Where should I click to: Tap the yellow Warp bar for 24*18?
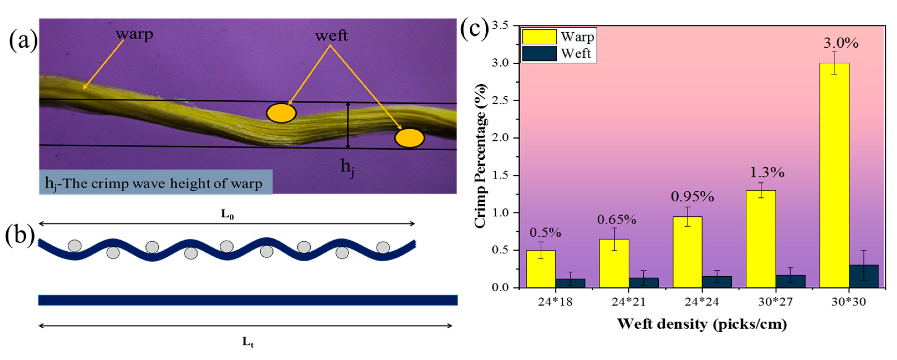point(540,269)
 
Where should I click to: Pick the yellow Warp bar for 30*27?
point(761,239)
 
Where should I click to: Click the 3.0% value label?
point(840,43)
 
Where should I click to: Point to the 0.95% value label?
point(692,197)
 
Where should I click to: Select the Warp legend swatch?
point(539,37)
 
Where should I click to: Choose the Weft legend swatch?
point(539,53)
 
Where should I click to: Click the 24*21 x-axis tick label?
point(629,302)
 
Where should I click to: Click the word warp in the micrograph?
point(134,34)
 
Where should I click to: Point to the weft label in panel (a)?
point(331,36)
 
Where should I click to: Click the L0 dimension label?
point(227,214)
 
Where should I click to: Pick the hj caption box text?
point(154,183)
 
